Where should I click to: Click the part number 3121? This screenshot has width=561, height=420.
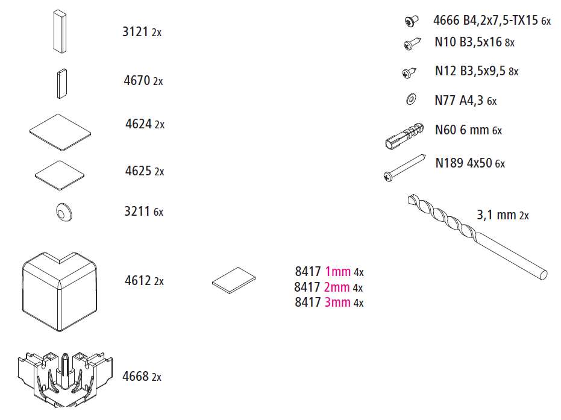[135, 32]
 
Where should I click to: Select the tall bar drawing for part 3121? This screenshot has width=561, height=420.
[60, 31]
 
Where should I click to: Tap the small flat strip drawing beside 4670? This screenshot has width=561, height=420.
[62, 84]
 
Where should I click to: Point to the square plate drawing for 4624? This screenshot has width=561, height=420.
[60, 133]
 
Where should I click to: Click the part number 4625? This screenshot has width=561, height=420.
[138, 171]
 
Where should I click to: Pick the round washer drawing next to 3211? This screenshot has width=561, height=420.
[64, 212]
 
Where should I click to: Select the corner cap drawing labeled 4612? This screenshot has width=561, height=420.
[60, 292]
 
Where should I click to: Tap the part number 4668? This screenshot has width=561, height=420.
[136, 377]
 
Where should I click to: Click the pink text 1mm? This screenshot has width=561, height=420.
[337, 272]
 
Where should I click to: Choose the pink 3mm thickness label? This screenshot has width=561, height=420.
[337, 302]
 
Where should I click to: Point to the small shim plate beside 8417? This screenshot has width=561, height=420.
[234, 280]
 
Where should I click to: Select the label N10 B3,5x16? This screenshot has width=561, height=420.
[468, 42]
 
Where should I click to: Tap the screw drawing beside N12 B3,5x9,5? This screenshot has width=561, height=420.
[410, 72]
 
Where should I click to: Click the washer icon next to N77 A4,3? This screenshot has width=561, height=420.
[411, 99]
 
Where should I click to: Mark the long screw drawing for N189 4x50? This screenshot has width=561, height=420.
[405, 168]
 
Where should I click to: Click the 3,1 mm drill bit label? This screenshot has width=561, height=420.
[497, 215]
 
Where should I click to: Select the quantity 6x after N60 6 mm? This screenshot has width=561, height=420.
[497, 131]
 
